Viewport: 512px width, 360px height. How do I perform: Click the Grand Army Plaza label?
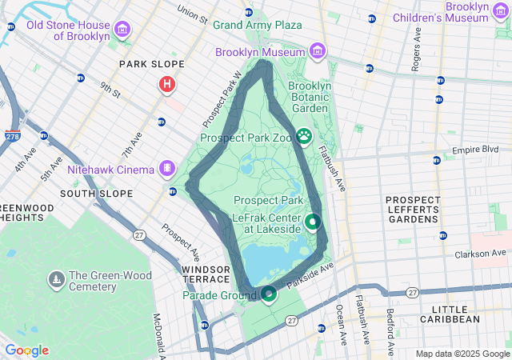pos(257,25)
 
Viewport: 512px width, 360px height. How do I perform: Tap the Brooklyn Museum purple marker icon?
pos(318,52)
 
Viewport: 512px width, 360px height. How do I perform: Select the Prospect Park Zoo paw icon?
pos(304,137)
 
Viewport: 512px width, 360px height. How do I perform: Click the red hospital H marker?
pos(167,84)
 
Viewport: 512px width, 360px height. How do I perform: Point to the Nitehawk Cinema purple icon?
pos(166,169)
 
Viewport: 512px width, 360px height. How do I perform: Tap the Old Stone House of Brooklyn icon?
pos(122,30)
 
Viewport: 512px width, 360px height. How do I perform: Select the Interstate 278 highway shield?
pos(12,136)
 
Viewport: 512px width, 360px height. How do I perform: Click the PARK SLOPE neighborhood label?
pos(151,64)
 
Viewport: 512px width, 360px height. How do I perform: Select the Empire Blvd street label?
pos(475,150)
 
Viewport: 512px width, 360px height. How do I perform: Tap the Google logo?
pos(26,350)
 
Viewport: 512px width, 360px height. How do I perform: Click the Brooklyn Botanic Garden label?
pos(309,97)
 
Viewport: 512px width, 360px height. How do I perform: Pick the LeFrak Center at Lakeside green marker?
pos(313,222)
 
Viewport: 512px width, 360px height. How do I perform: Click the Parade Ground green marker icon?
pos(269,295)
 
